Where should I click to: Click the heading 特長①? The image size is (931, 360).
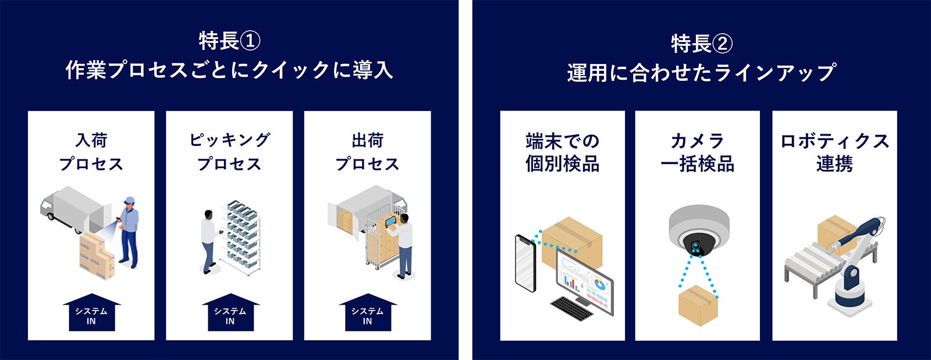pos(229,41)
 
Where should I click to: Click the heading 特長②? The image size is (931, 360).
pos(701,43)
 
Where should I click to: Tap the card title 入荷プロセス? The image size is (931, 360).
pos(91,152)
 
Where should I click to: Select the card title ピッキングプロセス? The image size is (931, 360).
pos(229,152)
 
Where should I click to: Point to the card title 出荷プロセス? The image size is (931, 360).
pos(367,152)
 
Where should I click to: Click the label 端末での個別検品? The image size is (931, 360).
pos(562,152)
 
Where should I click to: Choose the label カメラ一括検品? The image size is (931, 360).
pos(697,152)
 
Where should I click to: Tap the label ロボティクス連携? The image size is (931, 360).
pos(834,152)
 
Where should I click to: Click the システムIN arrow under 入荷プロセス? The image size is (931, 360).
pos(91,314)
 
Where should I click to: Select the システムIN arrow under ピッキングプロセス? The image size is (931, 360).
pos(230,314)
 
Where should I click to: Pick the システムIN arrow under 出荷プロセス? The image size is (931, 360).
pos(367,314)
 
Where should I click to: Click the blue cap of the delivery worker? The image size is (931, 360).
pos(129,201)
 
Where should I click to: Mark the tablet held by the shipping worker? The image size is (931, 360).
pos(390,222)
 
